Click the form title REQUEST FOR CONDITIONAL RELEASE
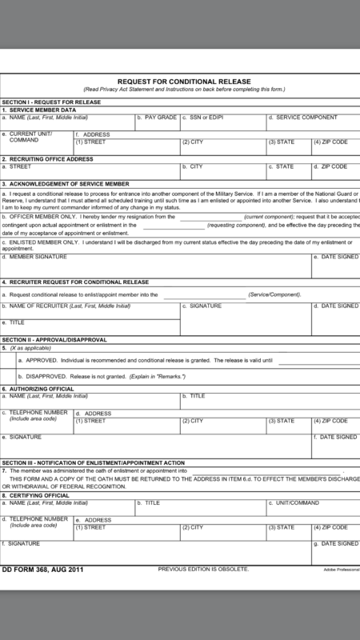184,82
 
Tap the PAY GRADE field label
161,118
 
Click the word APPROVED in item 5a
43,361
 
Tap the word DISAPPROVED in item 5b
49,375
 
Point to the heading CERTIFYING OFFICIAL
44,496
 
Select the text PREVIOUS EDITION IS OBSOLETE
203,569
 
